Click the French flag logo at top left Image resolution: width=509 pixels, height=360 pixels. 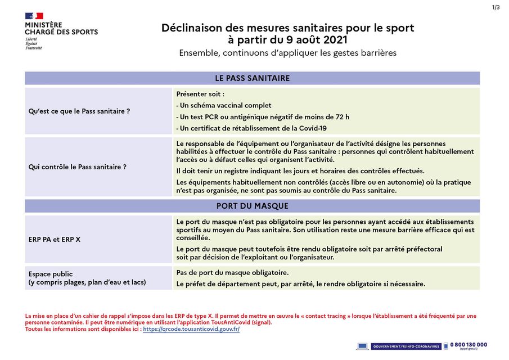point(34,16)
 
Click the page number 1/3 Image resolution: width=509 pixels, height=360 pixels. point(496,7)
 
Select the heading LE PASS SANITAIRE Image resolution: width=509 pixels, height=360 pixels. point(252,78)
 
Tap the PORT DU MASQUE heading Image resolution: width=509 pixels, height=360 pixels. point(252,206)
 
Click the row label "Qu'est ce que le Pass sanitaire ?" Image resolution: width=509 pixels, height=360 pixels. point(79,111)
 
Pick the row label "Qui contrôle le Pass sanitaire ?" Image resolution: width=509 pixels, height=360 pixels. point(78,167)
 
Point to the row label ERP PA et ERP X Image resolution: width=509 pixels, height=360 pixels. point(55,240)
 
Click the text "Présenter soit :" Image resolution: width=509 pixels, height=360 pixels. point(200,94)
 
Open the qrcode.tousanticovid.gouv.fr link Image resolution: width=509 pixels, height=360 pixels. point(191,329)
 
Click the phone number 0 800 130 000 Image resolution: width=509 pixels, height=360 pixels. point(469,345)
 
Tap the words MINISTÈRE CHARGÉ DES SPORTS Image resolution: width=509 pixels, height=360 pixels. point(61,29)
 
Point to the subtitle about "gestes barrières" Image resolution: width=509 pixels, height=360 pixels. point(287,53)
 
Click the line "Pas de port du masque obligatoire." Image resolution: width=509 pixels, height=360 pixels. point(232,273)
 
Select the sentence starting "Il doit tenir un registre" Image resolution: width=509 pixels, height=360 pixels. point(300,171)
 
